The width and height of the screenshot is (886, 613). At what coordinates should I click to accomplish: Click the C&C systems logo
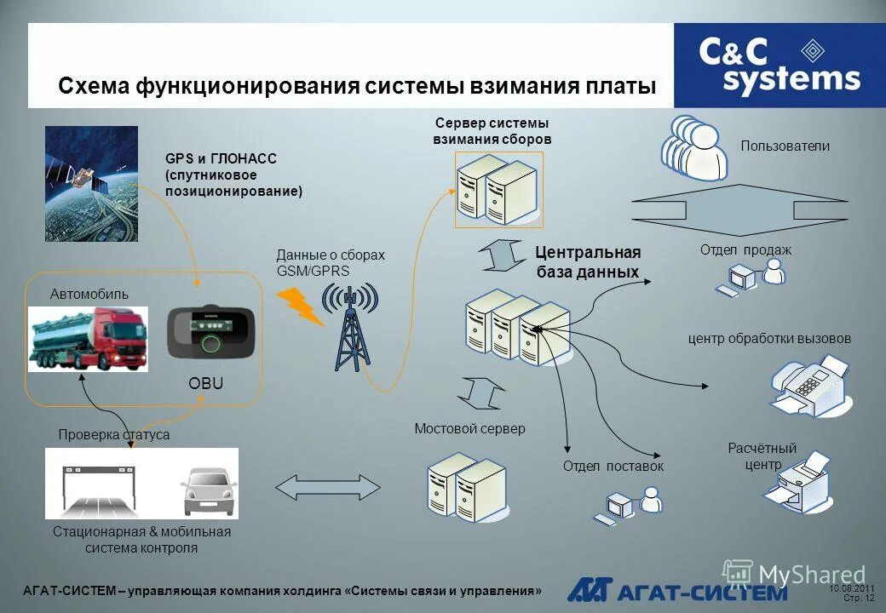click(x=779, y=65)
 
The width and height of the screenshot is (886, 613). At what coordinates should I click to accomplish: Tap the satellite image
click(x=91, y=183)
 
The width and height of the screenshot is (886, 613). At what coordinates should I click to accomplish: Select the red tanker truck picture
click(x=88, y=338)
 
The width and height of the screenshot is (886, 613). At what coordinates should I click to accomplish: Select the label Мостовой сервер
click(x=469, y=429)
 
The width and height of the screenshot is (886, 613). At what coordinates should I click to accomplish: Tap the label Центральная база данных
click(x=588, y=262)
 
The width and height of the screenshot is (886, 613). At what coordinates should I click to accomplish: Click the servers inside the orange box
click(x=498, y=191)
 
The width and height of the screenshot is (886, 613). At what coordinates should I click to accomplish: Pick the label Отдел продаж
click(x=745, y=249)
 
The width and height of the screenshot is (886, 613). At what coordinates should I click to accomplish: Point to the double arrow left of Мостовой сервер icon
click(x=327, y=486)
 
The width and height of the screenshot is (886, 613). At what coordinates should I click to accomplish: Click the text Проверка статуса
click(x=114, y=434)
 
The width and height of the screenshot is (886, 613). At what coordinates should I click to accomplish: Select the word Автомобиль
click(x=89, y=294)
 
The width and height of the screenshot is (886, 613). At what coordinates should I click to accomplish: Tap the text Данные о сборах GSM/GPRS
click(x=331, y=262)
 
